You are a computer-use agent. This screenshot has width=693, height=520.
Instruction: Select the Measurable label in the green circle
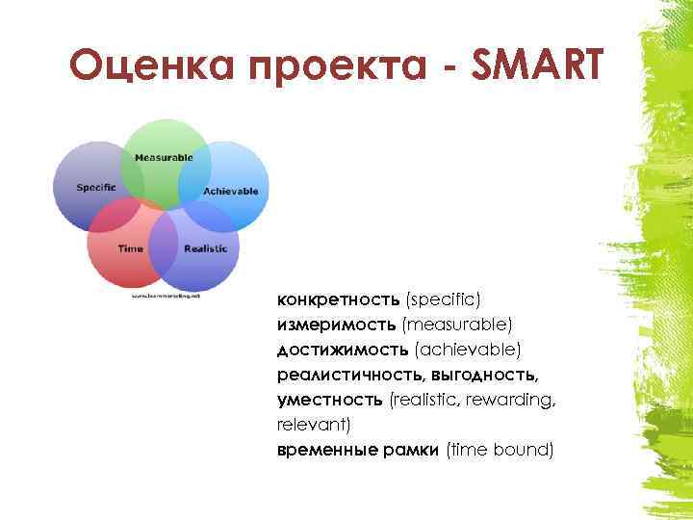click(x=164, y=157)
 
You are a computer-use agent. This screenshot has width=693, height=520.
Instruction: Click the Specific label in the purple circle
click(x=97, y=187)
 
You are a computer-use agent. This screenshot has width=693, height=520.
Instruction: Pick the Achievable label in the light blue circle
click(x=231, y=191)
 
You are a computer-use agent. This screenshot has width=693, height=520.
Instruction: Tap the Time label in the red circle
click(x=130, y=248)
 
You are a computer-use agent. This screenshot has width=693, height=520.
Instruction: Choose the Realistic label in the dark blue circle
click(x=205, y=248)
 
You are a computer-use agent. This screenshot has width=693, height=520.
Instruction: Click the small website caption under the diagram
click(x=167, y=296)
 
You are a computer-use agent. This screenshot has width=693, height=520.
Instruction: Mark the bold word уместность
click(x=330, y=398)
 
